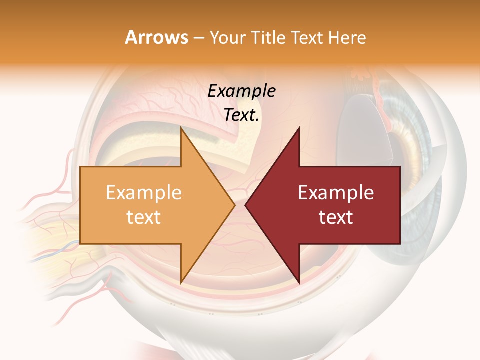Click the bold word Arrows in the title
pyautogui.click(x=156, y=37)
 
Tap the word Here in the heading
pyautogui.click(x=347, y=37)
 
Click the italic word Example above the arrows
pyautogui.click(x=241, y=91)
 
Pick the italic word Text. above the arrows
pyautogui.click(x=241, y=115)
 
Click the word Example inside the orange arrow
pyautogui.click(x=144, y=192)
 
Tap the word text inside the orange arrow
pyautogui.click(x=144, y=217)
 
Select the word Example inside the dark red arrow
pyautogui.click(x=336, y=192)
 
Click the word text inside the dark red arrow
pyautogui.click(x=336, y=217)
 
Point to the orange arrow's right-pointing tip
pyautogui.click(x=234, y=205)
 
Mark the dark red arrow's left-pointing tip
pyautogui.click(x=246, y=205)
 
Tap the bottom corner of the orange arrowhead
pyautogui.click(x=181, y=282)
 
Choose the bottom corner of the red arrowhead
pyautogui.click(x=299, y=282)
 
